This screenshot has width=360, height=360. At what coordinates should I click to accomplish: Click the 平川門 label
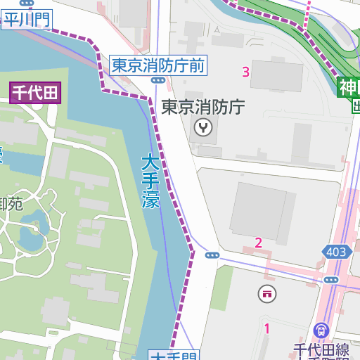(x=27, y=19)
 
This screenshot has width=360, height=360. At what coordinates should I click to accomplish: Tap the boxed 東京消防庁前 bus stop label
(x=158, y=66)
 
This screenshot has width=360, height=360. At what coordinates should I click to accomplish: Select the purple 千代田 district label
(x=36, y=93)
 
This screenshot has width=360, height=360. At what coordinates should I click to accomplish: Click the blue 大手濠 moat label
(x=150, y=181)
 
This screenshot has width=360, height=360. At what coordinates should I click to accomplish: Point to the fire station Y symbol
(x=203, y=127)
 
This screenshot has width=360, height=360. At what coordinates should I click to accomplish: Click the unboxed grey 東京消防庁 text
(x=202, y=108)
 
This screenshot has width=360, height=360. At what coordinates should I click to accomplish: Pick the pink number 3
(x=245, y=72)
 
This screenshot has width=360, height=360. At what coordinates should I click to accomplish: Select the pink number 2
(x=258, y=243)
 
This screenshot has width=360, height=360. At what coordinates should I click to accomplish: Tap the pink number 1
(x=266, y=328)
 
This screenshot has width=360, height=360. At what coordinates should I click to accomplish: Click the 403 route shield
(x=336, y=252)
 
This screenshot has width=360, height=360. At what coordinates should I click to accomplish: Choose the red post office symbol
(x=266, y=293)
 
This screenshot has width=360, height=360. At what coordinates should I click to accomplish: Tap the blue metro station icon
(x=321, y=329)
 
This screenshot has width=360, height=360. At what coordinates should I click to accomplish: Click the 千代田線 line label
(x=321, y=349)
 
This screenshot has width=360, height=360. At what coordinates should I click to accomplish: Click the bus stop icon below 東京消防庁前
(x=158, y=81)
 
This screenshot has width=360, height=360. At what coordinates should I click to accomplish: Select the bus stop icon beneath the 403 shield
(x=331, y=280)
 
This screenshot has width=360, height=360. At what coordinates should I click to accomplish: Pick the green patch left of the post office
(x=222, y=288)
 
